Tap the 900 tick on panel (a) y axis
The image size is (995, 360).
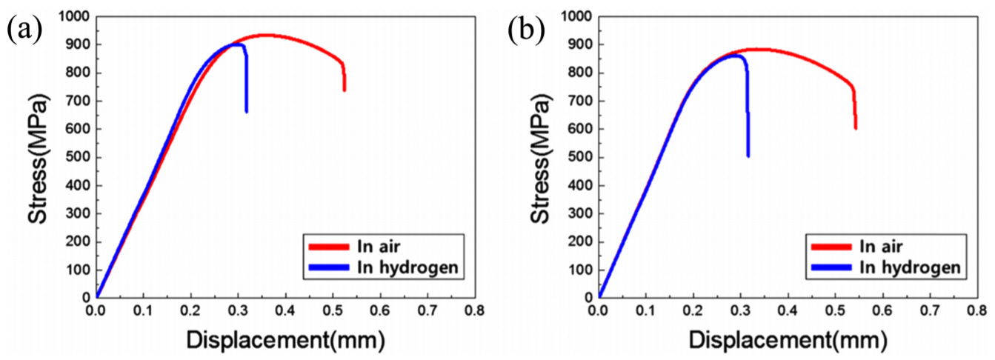coord(77,44)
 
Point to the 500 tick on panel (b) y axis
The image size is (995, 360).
coord(579,157)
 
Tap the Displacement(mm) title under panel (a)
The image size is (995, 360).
coord(285,341)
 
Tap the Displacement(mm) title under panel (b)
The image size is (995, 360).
coord(788,341)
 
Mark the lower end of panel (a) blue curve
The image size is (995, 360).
coord(246,111)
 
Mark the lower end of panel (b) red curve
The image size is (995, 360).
coord(855,128)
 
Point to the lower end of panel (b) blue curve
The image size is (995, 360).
coord(748,156)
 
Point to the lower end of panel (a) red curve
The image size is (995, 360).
coord(345,90)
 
